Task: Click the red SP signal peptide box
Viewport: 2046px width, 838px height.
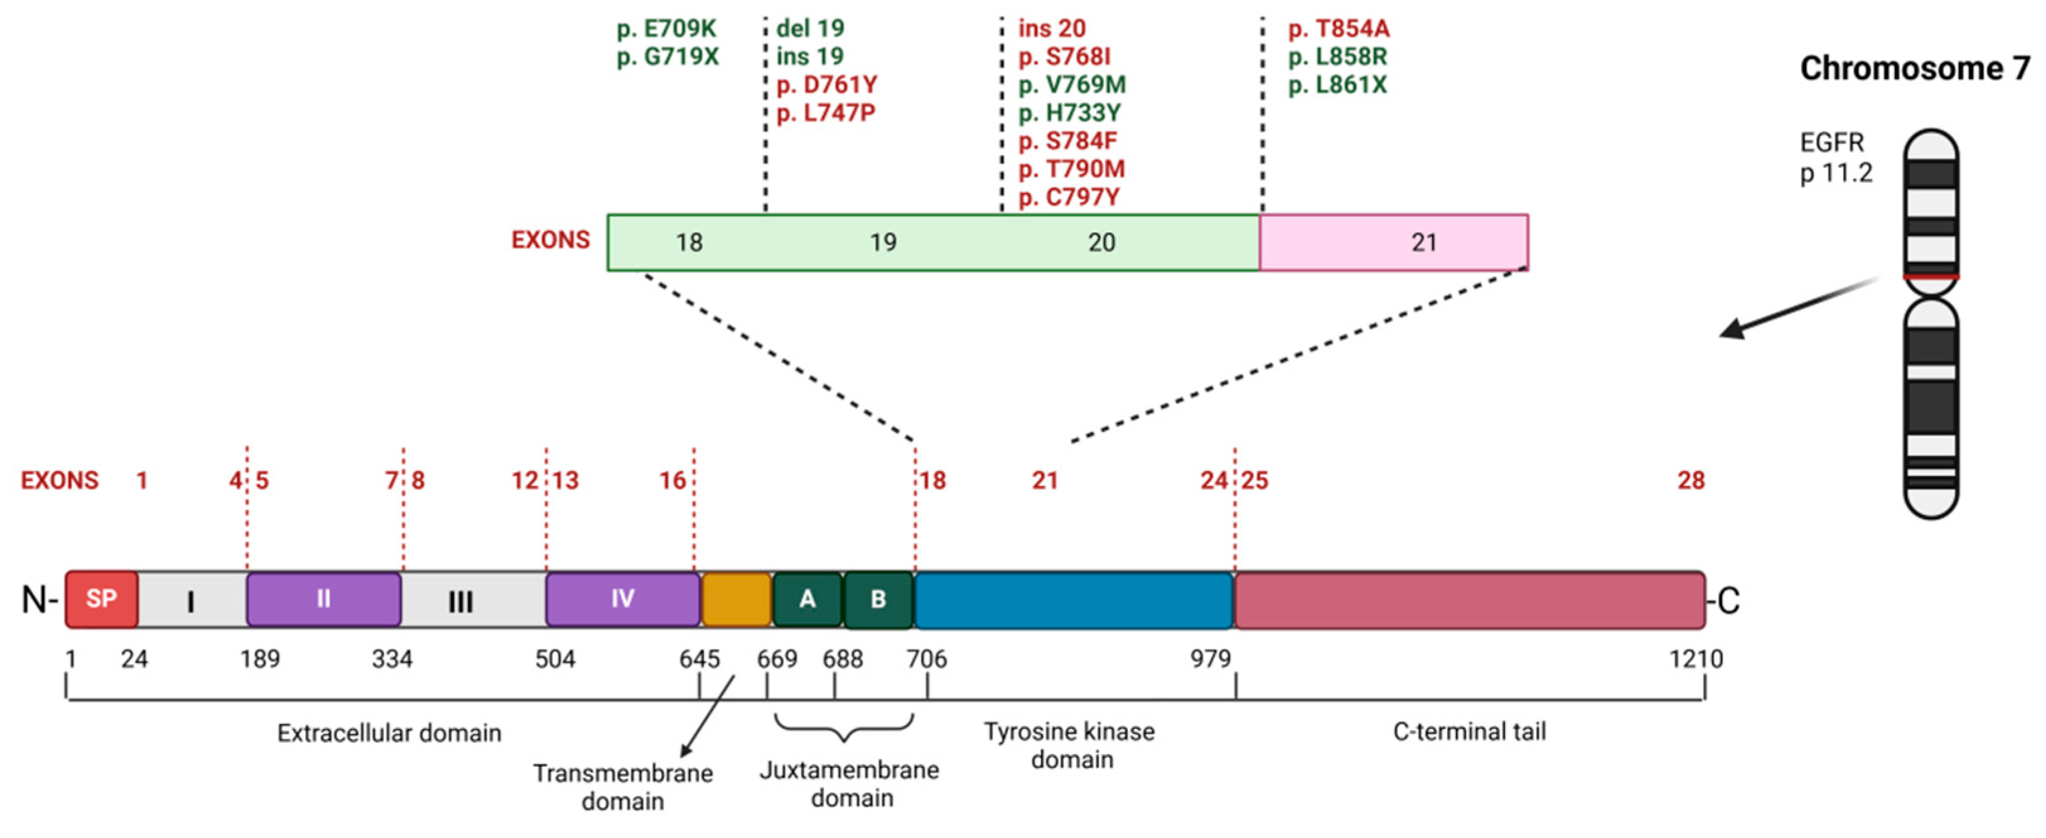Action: tap(102, 598)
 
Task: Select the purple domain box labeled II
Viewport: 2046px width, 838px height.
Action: tap(323, 598)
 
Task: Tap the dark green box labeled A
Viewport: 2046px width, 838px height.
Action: tap(807, 599)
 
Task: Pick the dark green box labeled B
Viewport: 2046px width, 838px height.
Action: tap(878, 599)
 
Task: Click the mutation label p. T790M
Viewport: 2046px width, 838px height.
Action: tap(1071, 168)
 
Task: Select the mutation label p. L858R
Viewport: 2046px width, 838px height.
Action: tap(1337, 56)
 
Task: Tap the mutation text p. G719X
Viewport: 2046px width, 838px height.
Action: tap(667, 56)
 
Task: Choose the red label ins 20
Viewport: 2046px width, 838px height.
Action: tap(1052, 28)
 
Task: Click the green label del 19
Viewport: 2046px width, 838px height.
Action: tap(810, 28)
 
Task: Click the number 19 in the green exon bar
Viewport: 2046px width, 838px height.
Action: tap(883, 242)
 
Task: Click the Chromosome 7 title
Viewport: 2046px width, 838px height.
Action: tap(1914, 68)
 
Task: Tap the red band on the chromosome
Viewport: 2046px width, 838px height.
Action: tap(1931, 276)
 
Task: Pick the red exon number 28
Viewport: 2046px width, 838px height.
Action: tap(1691, 480)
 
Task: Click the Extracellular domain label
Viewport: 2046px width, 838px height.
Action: tap(389, 732)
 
